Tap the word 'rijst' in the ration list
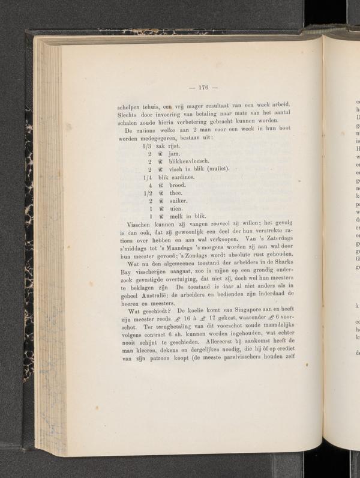pos(166,145)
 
